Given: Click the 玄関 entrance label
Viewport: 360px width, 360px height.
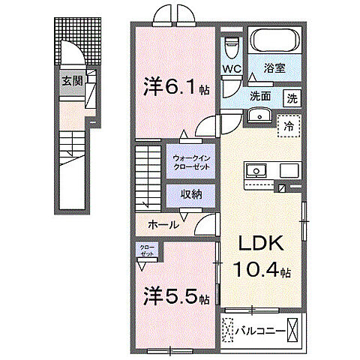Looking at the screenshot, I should [x=73, y=81].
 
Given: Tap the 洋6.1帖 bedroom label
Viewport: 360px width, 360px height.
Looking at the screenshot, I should [x=172, y=88].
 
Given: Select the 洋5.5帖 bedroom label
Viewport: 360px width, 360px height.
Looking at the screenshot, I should [x=174, y=297].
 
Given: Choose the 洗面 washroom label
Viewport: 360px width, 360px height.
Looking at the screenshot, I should [x=260, y=96].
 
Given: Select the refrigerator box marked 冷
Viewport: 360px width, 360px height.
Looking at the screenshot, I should [x=287, y=125].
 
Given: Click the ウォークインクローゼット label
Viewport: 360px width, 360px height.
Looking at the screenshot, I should [x=193, y=163].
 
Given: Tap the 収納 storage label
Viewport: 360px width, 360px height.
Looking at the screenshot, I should [x=193, y=193].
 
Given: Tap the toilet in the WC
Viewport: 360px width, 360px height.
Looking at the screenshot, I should [x=232, y=44].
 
